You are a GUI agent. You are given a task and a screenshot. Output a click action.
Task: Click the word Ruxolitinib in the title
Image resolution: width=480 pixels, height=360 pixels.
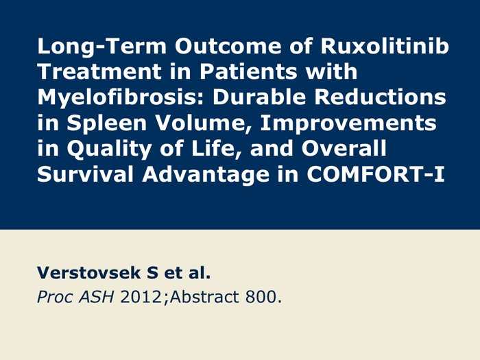tap(385, 46)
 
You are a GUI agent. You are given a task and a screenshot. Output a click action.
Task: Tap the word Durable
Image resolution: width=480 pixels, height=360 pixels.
tap(259, 97)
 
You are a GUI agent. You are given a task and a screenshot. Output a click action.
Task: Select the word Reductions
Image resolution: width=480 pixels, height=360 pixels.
tap(380, 97)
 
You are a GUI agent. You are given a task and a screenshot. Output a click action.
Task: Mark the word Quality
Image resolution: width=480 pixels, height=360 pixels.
tap(109, 149)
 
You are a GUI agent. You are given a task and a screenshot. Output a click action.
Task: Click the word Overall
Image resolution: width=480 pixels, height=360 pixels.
tap(344, 149)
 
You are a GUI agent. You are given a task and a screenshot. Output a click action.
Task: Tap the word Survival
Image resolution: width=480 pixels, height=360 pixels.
tap(86, 174)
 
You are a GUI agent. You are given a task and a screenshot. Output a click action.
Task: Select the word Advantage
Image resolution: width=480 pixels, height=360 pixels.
tap(206, 175)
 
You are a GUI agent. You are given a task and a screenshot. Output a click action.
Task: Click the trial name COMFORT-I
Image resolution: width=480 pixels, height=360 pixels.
tap(376, 174)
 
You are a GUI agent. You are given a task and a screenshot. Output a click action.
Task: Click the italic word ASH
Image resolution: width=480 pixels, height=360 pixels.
tap(96, 297)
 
